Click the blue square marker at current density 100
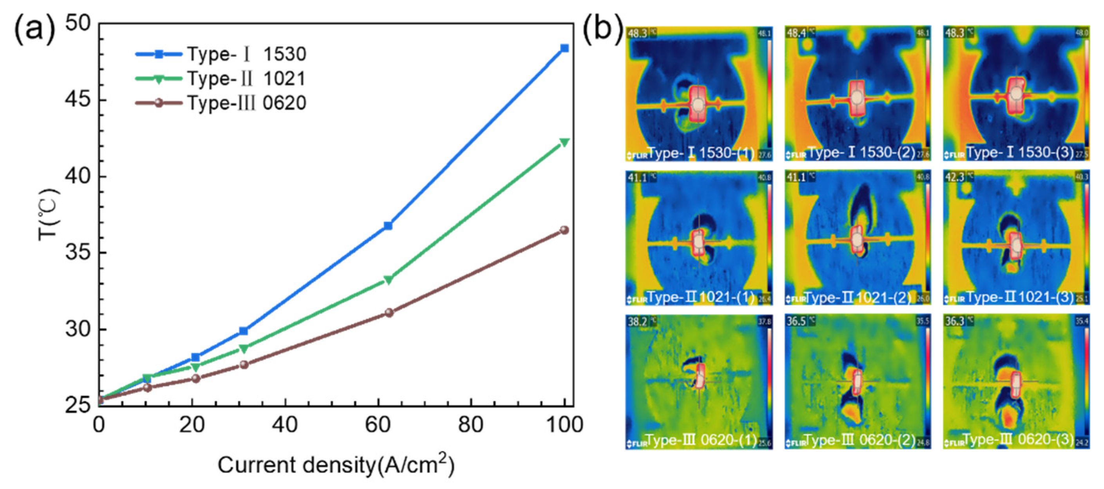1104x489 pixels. tap(564, 49)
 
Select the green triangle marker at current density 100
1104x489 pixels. tap(564, 142)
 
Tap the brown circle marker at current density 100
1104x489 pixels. tap(564, 230)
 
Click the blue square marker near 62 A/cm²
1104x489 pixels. tap(388, 225)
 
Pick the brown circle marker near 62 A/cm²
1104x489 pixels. tap(389, 312)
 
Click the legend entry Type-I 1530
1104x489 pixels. tap(247, 54)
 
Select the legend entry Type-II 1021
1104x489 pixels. tap(247, 79)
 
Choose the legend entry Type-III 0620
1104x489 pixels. tap(247, 103)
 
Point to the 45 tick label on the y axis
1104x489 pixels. tap(78, 100)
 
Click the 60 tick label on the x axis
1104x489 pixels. tap(378, 425)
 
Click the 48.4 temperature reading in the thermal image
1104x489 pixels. tap(796, 33)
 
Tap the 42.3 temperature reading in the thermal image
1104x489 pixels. tap(954, 177)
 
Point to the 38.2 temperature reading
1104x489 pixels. tap(637, 321)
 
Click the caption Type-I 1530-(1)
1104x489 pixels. tap(701, 152)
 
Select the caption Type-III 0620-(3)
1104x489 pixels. tap(1020, 439)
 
